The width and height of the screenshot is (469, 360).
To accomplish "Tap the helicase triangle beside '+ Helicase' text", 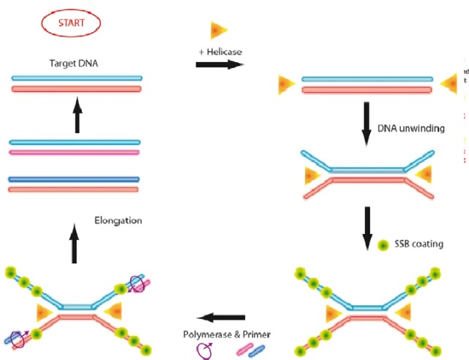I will pos(218,30).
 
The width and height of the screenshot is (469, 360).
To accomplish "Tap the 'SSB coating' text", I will pos(419,244).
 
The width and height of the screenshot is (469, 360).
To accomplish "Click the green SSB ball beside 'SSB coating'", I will pos(382,244).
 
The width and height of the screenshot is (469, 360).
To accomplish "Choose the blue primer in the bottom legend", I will pos(258,349).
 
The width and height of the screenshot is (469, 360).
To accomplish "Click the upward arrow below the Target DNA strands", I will pos(76,116).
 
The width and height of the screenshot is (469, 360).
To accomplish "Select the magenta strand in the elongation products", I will pos(74,152).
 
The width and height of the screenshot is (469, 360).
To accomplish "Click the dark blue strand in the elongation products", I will pos(74,179).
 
